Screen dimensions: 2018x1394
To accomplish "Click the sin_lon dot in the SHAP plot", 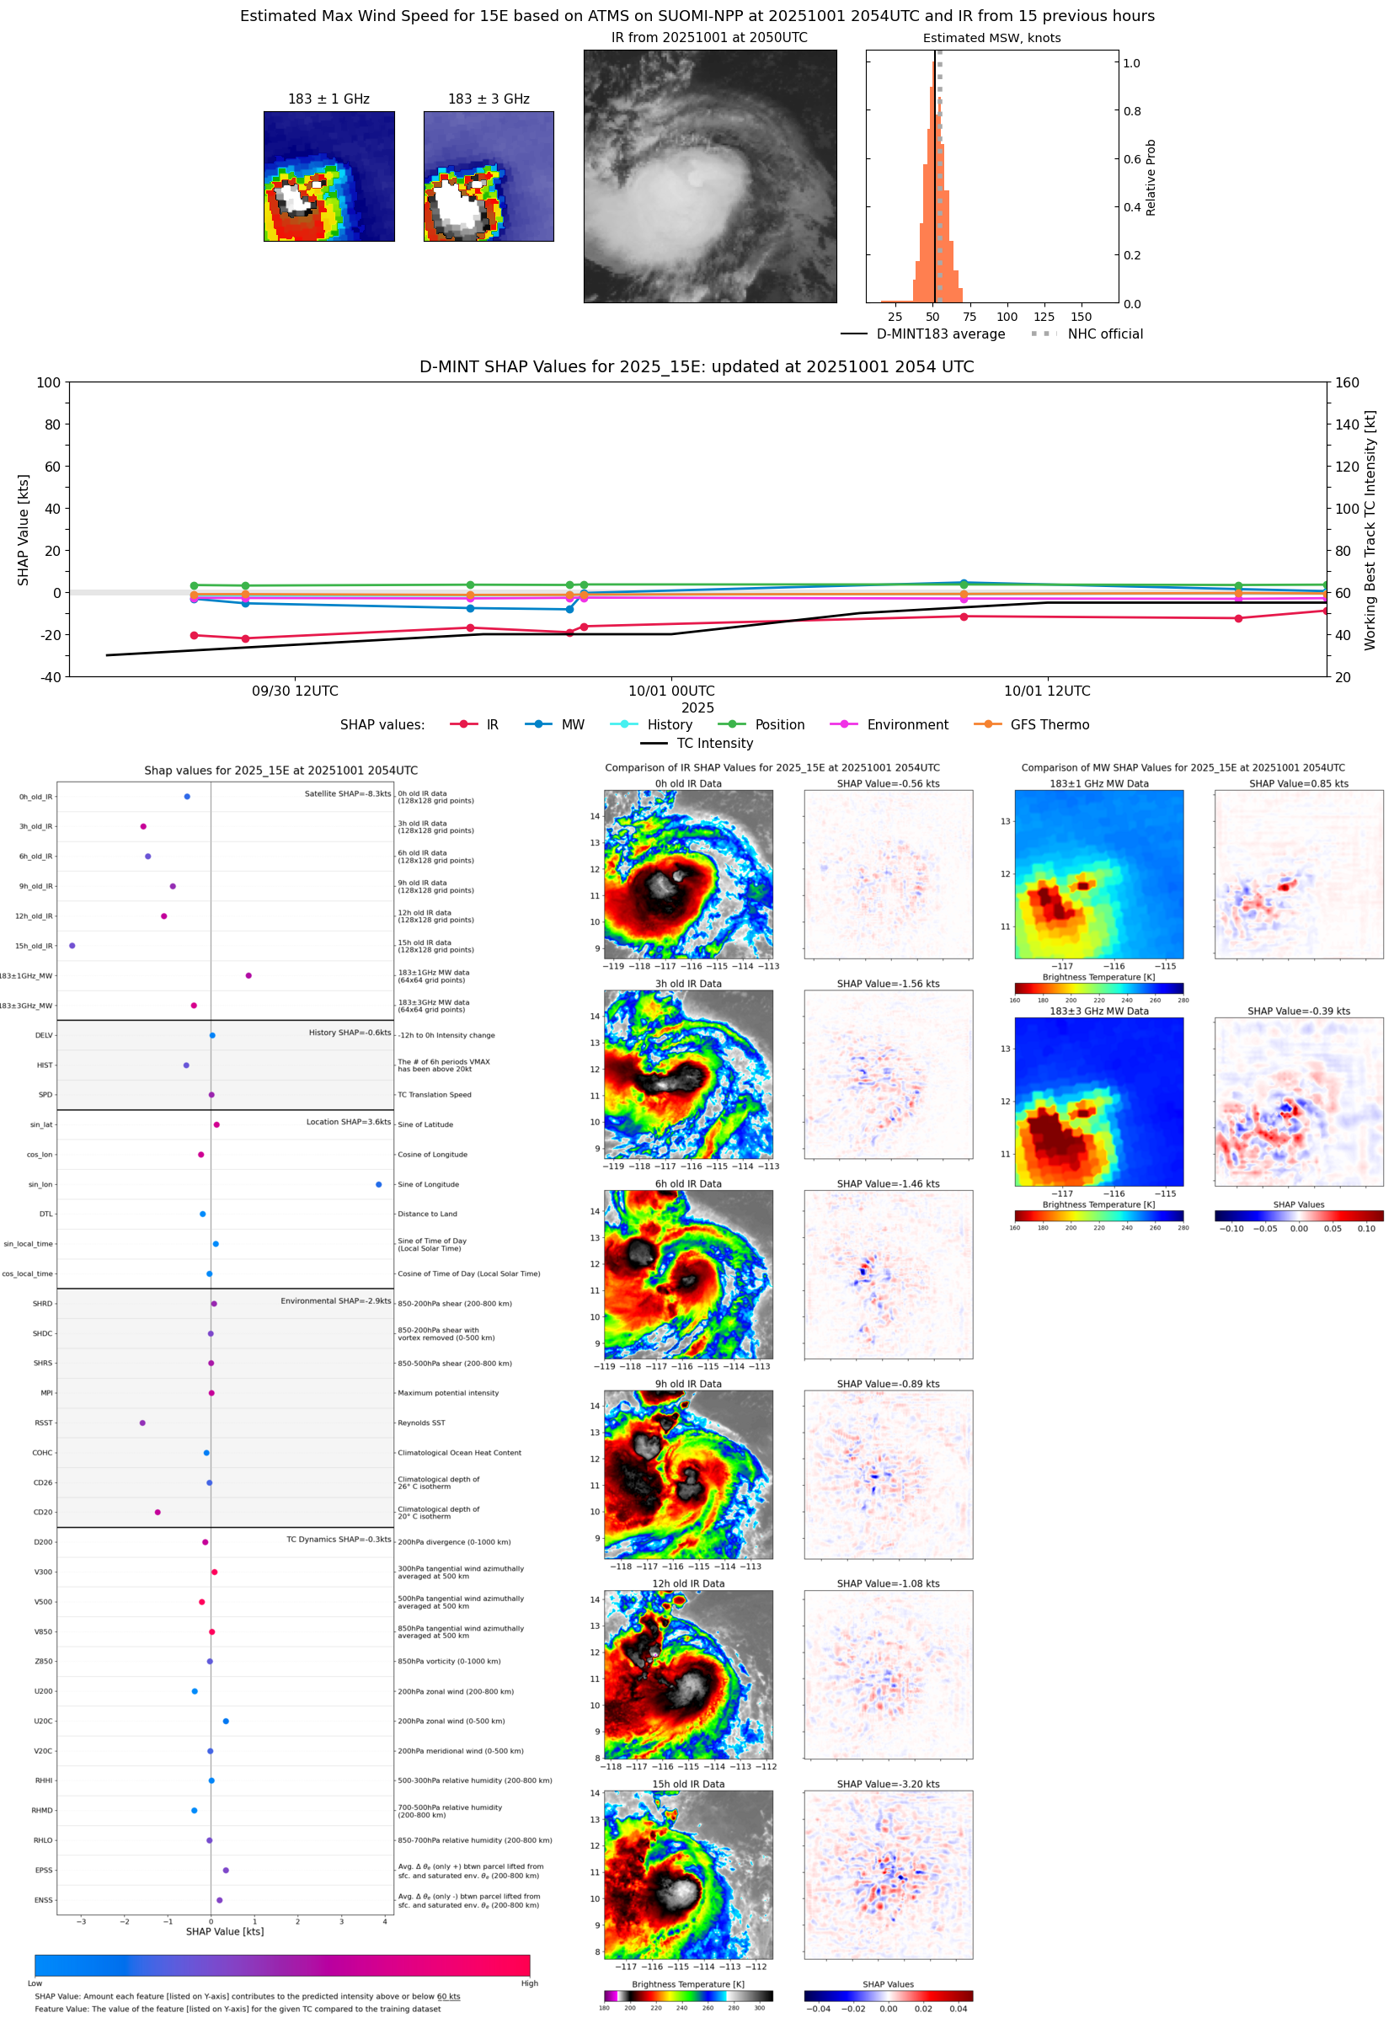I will (378, 1184).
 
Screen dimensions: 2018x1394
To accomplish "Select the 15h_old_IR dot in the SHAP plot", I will (72, 946).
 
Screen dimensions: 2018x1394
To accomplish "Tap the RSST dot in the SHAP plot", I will (142, 1423).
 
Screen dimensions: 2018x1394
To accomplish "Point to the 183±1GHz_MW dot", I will (249, 975).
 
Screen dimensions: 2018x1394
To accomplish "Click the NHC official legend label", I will (1105, 334).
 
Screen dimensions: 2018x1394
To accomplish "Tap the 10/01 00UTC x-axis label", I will (670, 691).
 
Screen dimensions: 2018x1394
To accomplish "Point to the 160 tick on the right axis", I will (1347, 382).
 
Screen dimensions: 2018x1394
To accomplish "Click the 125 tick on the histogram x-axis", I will (1044, 317).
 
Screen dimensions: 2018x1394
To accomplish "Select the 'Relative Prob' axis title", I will (1151, 177).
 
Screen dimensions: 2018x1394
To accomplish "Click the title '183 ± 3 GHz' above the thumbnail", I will (489, 99).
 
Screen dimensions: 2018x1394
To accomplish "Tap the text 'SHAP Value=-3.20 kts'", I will (888, 1784).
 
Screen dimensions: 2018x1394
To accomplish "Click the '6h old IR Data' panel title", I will (688, 1184).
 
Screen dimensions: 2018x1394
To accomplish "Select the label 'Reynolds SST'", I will (421, 1423).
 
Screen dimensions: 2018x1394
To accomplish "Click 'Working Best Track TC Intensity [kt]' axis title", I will (1370, 530).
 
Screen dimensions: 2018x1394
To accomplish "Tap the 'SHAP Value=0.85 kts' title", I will (1298, 783).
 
